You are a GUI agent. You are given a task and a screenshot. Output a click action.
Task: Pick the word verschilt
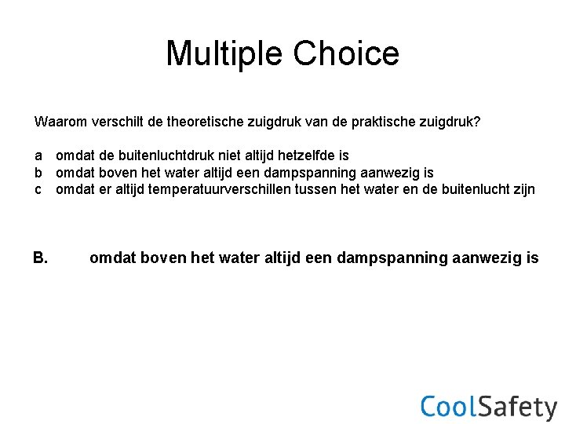[118, 122]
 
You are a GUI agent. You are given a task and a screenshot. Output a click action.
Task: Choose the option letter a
[38, 156]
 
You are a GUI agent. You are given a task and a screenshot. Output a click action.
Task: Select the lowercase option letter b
[38, 173]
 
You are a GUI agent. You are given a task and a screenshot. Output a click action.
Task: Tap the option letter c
[38, 189]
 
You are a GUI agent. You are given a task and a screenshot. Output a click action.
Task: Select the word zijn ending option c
[523, 189]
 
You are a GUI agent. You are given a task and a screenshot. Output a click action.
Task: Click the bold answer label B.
[42, 258]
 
